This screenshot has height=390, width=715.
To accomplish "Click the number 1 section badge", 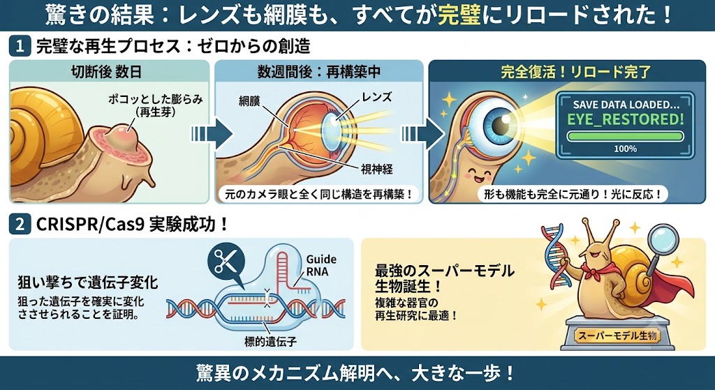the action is click(x=20, y=47).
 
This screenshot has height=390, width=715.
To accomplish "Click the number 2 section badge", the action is click(x=20, y=225).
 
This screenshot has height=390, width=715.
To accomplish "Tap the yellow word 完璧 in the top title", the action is click(x=459, y=15).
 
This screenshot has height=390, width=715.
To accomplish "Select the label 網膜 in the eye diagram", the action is click(x=249, y=100).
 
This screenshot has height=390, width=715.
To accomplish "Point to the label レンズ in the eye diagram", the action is click(x=376, y=96).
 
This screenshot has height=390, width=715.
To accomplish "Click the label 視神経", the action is click(x=376, y=170).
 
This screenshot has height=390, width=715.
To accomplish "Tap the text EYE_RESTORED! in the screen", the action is click(x=625, y=120).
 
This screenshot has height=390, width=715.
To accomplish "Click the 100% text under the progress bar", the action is click(x=625, y=149).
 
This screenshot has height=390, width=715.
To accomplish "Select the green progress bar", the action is click(x=625, y=136).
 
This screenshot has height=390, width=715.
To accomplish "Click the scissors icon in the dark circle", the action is click(x=226, y=261).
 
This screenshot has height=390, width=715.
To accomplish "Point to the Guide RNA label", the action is click(x=321, y=265).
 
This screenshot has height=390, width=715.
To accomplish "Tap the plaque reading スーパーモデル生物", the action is click(x=617, y=336).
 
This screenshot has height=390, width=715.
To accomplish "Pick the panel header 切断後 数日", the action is click(x=106, y=72).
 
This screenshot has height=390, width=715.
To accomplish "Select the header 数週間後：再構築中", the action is click(x=319, y=72).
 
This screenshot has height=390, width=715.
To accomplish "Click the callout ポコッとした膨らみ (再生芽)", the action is click(x=156, y=105).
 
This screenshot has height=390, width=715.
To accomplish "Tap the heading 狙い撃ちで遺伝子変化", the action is click(x=88, y=283).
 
